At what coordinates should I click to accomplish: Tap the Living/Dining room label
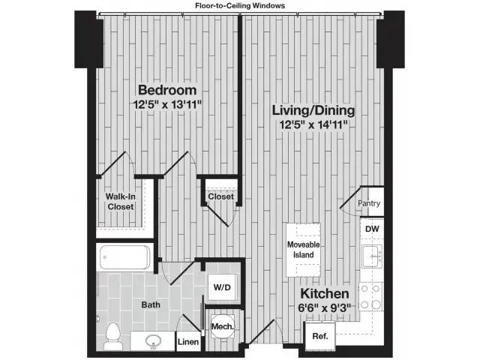click(x=313, y=111)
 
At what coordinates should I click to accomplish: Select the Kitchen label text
click(x=325, y=293)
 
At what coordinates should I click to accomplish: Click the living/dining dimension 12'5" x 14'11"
click(x=313, y=125)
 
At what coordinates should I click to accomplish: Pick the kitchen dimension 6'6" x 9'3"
click(x=325, y=307)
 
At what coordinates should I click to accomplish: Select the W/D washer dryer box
click(x=222, y=286)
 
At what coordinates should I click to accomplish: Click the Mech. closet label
click(x=222, y=326)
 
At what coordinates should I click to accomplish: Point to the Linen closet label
click(x=188, y=342)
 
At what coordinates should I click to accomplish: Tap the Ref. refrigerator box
click(x=319, y=335)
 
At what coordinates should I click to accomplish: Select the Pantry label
click(x=369, y=203)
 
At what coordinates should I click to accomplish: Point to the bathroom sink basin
click(x=153, y=340)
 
